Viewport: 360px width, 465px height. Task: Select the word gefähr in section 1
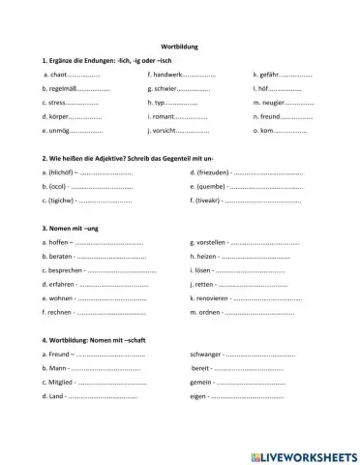click(x=268, y=74)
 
